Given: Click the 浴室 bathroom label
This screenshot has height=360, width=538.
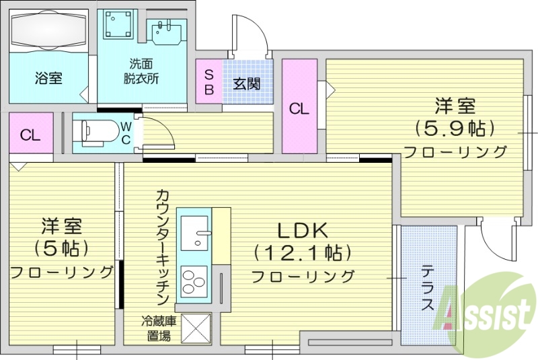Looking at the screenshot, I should pyautogui.click(x=48, y=78).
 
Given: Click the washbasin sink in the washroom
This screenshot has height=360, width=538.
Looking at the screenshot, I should pyautogui.click(x=165, y=33).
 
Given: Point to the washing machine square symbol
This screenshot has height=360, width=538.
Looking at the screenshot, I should pyautogui.click(x=119, y=24).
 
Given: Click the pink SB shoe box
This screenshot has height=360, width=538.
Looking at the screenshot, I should pyautogui.click(x=208, y=81).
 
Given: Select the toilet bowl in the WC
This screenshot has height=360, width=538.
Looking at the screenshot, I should pyautogui.click(x=93, y=133).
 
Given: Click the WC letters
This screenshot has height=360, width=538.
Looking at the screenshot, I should pyautogui.click(x=126, y=133).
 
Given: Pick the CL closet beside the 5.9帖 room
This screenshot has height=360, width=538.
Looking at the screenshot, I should pyautogui.click(x=299, y=108).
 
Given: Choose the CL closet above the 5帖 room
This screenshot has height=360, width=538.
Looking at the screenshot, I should pyautogui.click(x=30, y=135).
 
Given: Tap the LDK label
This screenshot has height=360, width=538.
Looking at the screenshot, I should pyautogui.click(x=303, y=231).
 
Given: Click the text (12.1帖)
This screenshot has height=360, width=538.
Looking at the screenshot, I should pyautogui.click(x=303, y=253).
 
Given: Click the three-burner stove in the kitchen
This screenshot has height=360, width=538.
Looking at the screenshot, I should pyautogui.click(x=194, y=282).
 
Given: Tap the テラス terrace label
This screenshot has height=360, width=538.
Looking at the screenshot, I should pyautogui.click(x=428, y=289).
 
